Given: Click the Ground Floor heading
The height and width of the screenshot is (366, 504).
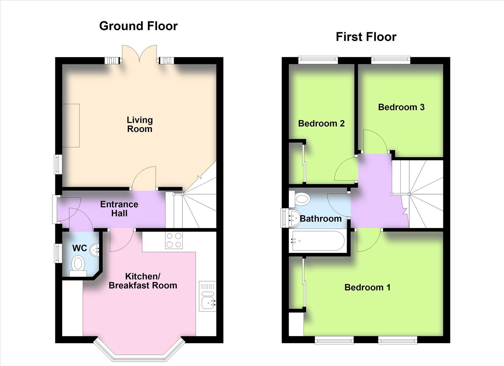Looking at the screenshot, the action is click(138, 26).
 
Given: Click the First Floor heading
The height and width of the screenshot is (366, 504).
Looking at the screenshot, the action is click(366, 37).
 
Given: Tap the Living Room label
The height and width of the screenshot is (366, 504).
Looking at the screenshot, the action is click(140, 124).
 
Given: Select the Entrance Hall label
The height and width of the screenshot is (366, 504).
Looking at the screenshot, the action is click(119, 209).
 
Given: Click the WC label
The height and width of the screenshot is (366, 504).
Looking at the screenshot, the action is click(80, 248).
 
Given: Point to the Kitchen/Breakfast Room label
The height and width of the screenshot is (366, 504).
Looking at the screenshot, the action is click(143, 281).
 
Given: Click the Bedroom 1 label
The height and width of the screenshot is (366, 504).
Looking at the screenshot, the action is click(367, 287).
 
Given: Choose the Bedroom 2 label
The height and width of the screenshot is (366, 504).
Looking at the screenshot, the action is click(321, 124).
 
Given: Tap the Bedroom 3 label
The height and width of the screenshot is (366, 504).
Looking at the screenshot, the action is click(401, 107).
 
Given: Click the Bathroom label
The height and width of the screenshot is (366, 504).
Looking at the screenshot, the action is click(321, 219).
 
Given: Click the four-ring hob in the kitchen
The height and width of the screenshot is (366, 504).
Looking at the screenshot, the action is click(174, 240).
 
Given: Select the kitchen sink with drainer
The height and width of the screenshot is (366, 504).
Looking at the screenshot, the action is click(208, 296).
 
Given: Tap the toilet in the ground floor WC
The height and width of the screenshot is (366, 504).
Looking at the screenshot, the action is click(78, 266).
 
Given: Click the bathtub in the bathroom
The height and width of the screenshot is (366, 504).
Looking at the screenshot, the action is click(318, 241).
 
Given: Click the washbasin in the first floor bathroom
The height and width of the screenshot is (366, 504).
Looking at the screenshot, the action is click(294, 218).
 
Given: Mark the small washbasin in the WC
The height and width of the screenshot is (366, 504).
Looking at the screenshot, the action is click(95, 250).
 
